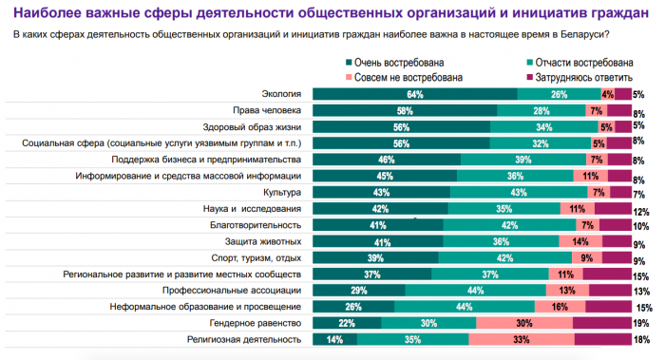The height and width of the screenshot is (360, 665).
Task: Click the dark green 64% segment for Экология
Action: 415,94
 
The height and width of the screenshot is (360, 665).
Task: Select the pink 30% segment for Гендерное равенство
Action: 524,323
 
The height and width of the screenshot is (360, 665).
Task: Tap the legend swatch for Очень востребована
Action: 349,63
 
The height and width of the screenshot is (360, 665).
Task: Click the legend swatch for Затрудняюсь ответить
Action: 529,77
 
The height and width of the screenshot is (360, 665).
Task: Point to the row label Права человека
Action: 267,110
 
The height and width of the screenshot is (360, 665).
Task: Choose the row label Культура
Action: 282,193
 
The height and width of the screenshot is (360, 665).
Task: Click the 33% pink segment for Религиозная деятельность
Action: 522,340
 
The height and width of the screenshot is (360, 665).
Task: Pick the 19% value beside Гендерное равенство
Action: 641,324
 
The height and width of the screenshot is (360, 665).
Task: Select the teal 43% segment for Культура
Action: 519,193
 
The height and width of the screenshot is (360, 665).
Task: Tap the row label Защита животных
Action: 263,241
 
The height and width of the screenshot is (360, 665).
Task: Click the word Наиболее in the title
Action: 47,13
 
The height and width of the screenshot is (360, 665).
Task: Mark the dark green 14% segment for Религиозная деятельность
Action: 335,340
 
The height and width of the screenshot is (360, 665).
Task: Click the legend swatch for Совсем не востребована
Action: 349,77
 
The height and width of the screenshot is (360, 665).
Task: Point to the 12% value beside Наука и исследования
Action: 641,212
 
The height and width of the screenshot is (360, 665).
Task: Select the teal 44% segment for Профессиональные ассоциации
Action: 475,291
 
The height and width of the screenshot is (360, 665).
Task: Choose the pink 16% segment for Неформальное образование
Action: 560,307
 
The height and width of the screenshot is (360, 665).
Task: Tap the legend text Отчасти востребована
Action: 584,63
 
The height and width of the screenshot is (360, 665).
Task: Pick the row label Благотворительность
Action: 256,225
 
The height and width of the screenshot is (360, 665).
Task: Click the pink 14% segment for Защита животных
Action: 580,241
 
